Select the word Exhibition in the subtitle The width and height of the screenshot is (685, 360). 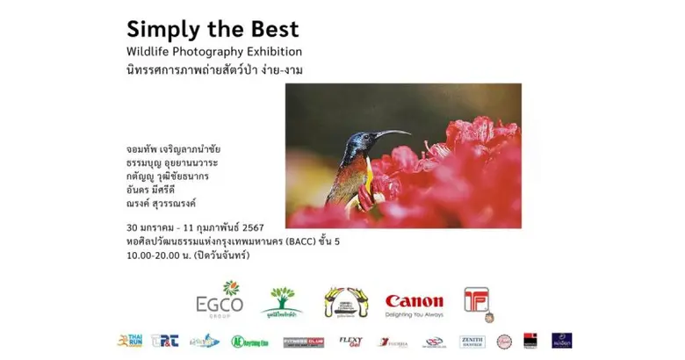[x=270, y=52]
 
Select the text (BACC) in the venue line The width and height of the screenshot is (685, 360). [x=277, y=241]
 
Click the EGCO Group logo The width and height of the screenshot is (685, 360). [x=220, y=299]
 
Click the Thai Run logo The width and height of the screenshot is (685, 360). [x=130, y=341]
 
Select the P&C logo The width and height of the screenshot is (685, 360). [x=164, y=341]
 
